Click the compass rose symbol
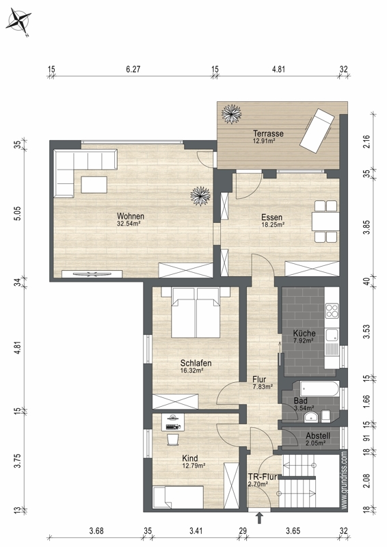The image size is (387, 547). [x=19, y=22]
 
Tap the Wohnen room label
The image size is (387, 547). [x=131, y=216]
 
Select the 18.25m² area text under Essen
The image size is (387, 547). [x=273, y=225]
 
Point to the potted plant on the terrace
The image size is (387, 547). [x=231, y=114]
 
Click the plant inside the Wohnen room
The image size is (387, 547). [x=200, y=196]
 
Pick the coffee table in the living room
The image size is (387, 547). [x=94, y=185]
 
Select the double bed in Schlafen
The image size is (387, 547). [x=196, y=312]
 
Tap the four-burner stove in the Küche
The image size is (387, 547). [x=332, y=310]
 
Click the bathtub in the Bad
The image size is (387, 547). [x=319, y=389]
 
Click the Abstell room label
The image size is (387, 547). [x=318, y=436]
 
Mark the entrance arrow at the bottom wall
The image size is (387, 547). [x=259, y=518]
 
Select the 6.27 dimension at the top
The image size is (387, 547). [x=133, y=69]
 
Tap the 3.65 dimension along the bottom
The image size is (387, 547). [x=293, y=531]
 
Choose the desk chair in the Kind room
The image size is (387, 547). [x=173, y=440]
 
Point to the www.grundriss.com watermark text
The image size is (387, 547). [x=344, y=481]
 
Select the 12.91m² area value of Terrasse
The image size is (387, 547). [x=264, y=141]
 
